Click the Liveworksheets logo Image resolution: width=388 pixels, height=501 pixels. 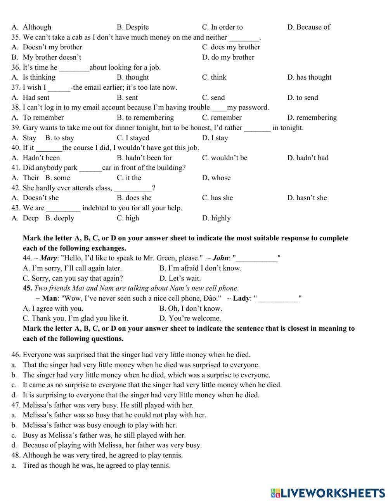(x=328, y=493)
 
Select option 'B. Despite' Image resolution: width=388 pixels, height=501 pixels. (x=133, y=27)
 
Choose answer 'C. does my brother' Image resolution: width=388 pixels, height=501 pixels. (x=231, y=47)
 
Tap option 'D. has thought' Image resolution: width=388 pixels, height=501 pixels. (x=309, y=77)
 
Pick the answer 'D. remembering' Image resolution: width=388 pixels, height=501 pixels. (x=312, y=118)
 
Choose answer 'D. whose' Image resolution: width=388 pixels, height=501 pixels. (x=216, y=178)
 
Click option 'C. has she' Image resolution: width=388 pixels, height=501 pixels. (x=217, y=198)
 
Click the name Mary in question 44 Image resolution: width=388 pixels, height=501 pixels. (x=48, y=258)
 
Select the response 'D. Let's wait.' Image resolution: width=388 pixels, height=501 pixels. (x=180, y=278)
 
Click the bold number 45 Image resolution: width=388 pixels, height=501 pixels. (x=27, y=288)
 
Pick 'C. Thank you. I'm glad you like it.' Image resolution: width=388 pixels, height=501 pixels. (x=75, y=318)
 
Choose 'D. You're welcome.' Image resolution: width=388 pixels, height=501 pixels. (x=190, y=318)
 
